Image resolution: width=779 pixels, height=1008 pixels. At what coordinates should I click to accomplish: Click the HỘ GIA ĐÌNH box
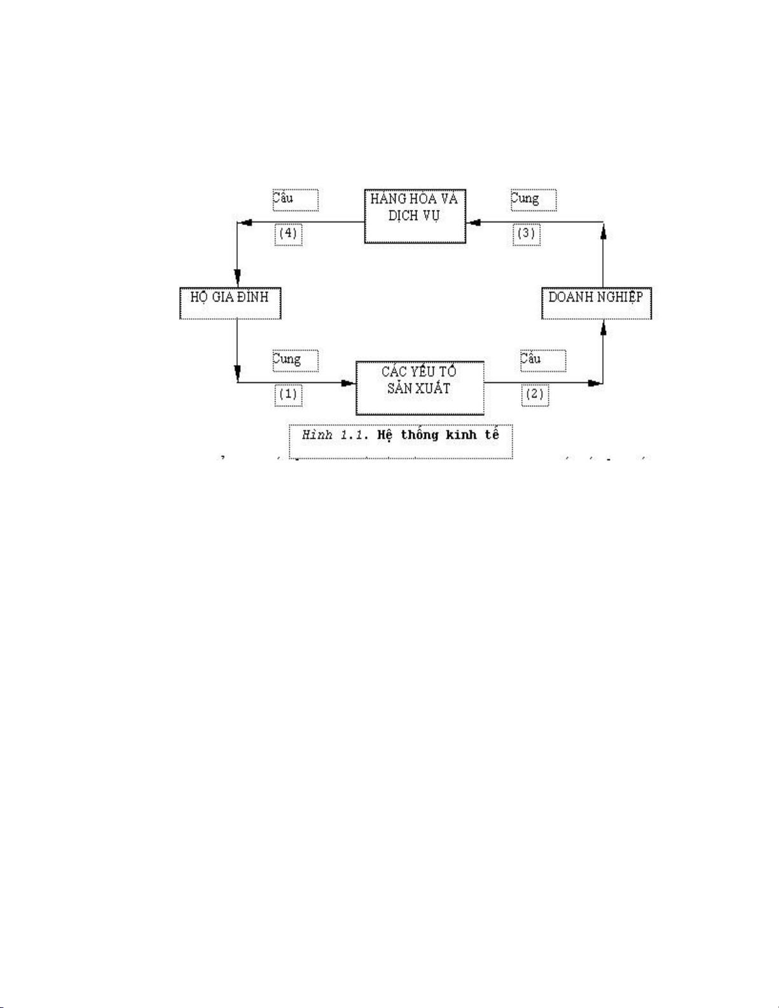[230, 303]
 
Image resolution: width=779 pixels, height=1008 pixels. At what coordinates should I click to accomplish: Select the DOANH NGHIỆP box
[596, 303]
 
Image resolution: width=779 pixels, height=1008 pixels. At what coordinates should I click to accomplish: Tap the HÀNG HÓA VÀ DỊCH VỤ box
[415, 215]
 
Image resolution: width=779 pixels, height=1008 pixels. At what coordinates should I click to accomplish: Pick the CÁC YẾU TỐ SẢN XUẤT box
[420, 387]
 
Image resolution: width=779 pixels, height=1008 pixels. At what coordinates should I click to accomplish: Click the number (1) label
[288, 394]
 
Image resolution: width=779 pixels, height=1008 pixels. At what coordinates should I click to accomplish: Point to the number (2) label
[534, 394]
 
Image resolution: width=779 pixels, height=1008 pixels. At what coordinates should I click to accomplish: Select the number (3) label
[527, 233]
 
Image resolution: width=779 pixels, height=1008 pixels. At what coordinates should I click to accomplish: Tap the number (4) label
[288, 233]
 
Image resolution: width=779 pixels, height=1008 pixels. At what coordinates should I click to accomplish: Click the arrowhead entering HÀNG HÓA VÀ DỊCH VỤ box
[473, 222]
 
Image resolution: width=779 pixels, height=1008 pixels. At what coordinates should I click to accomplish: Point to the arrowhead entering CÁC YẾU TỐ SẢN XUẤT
[348, 383]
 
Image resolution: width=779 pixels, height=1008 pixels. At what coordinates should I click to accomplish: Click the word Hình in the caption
[317, 436]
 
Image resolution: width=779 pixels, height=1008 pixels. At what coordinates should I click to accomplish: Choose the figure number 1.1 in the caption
[355, 436]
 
